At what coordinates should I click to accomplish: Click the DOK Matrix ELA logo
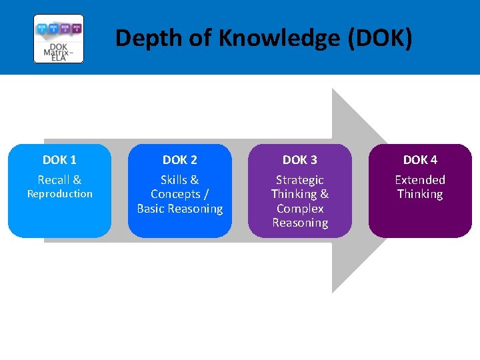tap(59, 39)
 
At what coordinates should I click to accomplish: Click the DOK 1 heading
tap(59, 160)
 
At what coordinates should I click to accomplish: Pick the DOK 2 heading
tap(180, 160)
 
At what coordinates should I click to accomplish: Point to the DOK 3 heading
tap(300, 160)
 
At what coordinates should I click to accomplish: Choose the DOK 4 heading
tap(420, 160)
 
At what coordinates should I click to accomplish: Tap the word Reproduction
tap(59, 194)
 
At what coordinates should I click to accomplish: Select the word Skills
tap(174, 180)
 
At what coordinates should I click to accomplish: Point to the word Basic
tap(151, 209)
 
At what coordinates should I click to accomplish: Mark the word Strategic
tap(300, 180)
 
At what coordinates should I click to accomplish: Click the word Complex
tap(300, 209)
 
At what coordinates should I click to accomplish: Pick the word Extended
tap(420, 180)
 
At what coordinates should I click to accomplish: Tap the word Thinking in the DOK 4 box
tap(420, 194)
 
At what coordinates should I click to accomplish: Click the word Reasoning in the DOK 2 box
tap(196, 209)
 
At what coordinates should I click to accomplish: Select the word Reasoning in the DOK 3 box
tap(300, 223)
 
